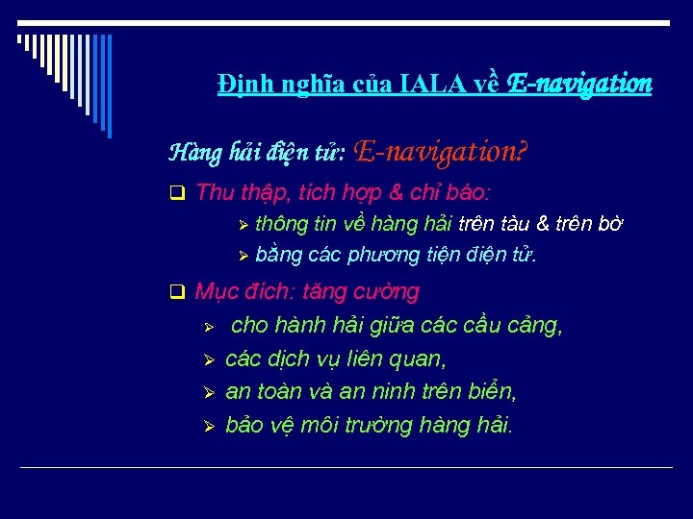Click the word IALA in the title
coord(437,85)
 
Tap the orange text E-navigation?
coord(445,151)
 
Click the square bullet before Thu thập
coord(176,193)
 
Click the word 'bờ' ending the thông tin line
coord(608,224)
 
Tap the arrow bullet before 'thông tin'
coord(244,225)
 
